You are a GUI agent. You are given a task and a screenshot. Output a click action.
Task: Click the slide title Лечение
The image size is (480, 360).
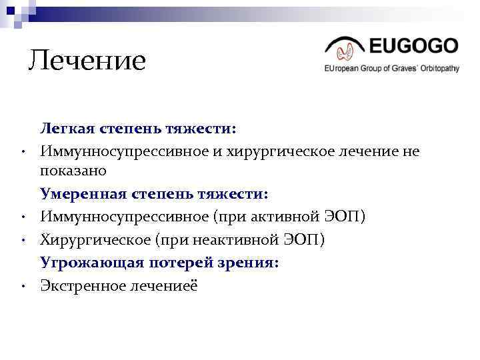click(87, 61)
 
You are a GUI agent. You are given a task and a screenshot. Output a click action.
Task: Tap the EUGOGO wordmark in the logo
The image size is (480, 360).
click(413, 46)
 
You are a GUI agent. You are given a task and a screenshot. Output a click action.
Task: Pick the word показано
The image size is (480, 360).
click(73, 171)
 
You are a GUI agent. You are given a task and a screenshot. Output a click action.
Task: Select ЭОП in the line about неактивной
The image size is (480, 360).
click(307, 239)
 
